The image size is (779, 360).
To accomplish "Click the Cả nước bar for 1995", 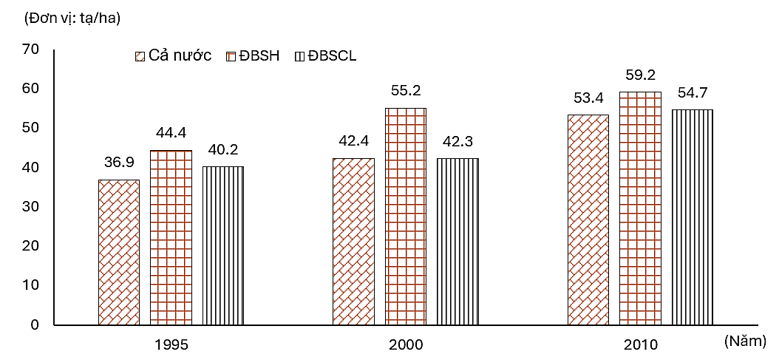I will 118,252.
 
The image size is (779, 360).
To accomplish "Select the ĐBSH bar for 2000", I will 405,216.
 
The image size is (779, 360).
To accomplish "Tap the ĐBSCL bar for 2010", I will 693,217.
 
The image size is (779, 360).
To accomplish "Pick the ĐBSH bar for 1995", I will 171,237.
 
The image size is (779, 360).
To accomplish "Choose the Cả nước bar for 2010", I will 588,220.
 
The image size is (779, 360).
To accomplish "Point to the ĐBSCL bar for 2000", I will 457,241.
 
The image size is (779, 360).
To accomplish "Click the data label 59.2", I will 640,75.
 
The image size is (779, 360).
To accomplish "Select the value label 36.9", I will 118,164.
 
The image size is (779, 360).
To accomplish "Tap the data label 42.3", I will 457,142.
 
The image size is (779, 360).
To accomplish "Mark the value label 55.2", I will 405,92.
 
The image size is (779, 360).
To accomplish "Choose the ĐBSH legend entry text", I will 264,56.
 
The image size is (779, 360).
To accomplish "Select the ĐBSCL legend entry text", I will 333,56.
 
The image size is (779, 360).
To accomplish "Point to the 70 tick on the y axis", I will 30,50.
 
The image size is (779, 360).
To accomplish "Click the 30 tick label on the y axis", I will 30,206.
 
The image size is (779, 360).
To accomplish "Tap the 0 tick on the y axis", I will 35,325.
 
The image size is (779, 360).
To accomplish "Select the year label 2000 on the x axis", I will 406,344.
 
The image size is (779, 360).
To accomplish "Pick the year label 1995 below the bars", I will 171,344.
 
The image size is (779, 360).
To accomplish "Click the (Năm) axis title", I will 747,341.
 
